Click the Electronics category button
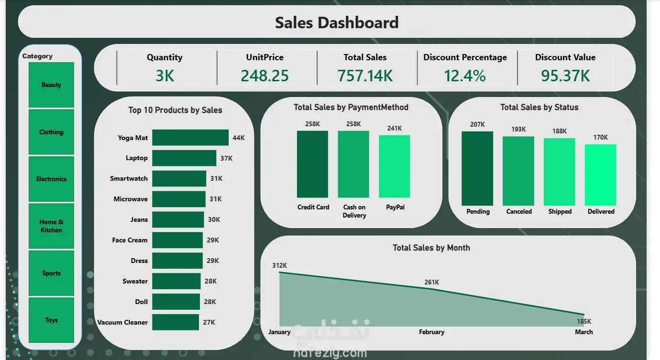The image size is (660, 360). coord(51,179)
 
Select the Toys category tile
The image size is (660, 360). coord(51,320)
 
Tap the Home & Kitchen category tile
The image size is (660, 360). coord(51,226)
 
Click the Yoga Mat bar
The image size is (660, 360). coord(190,138)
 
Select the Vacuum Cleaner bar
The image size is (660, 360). coord(175,322)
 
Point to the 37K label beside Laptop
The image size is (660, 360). coord(226,158)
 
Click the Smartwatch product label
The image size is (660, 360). coord(129,179)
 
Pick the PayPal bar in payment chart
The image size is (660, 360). coord(394,166)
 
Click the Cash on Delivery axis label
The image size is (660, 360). coord(354,211)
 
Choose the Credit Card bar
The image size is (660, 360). coord(312,164)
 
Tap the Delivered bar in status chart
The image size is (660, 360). coord(600,175)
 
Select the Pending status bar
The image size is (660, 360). coord(477,168)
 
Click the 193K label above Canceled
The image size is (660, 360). coord(518,129)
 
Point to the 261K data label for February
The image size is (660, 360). coord(431,282)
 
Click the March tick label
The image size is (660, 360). coord(583,332)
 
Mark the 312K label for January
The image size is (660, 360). coord(279,265)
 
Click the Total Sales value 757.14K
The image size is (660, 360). coord(365,76)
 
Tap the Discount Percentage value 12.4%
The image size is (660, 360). coord(465,76)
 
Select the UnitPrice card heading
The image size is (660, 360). coord(264,57)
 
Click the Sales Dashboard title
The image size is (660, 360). coord(336,22)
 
